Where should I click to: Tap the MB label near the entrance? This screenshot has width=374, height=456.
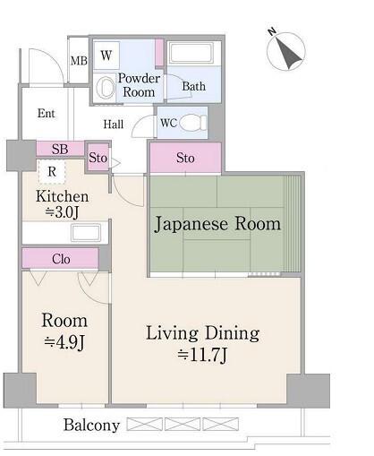pos(78,61)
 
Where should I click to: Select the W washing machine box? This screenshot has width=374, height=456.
pos(106,56)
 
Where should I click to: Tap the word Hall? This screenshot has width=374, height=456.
pos(113,125)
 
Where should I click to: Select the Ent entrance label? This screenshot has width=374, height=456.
pos(47,114)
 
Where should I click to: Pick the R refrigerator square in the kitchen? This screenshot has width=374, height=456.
pos(53,170)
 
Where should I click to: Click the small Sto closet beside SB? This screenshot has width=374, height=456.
pos(98,159)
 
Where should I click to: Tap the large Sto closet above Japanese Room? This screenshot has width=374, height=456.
pos(185,159)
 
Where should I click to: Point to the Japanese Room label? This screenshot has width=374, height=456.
pos(218,224)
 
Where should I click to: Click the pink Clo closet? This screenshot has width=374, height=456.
pos(60,259)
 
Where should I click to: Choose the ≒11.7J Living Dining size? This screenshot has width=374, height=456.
pos(203,354)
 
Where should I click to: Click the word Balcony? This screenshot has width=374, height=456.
pos(90,426)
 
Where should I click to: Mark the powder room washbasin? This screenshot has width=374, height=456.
pos(106,86)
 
